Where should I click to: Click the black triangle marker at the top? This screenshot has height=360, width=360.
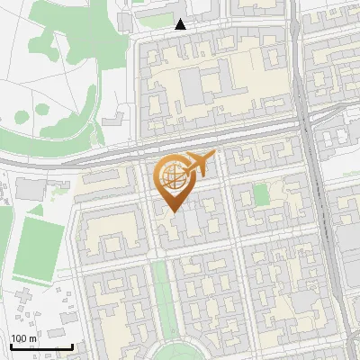181,24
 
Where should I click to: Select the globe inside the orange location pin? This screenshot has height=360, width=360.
174,178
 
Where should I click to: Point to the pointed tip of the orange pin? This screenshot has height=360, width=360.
174,211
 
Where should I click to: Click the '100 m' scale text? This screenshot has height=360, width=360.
23,337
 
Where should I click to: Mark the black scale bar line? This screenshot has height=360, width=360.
41,346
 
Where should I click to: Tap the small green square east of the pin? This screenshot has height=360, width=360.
261,194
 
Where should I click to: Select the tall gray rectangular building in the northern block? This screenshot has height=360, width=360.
193,86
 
